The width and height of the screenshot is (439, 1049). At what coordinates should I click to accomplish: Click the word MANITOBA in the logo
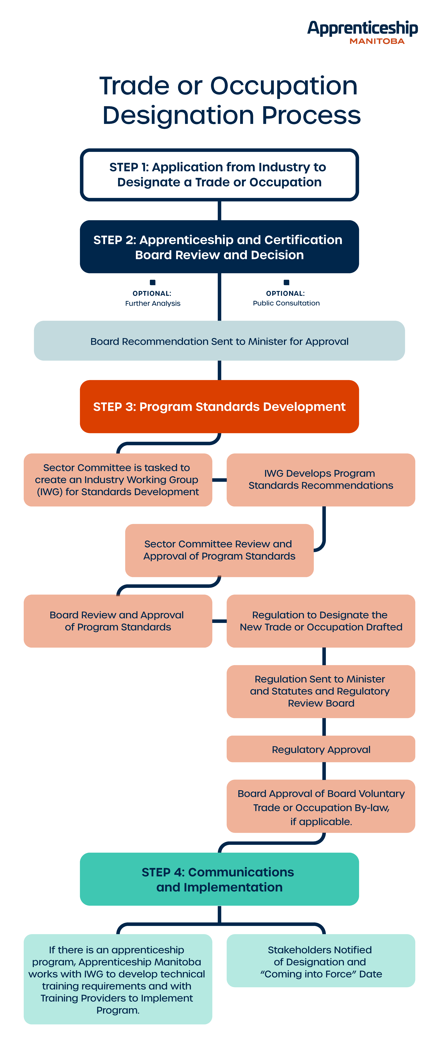point(377,41)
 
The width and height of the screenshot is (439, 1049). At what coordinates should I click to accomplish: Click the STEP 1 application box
point(219,175)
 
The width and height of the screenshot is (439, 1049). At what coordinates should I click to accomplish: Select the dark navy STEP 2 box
point(219,247)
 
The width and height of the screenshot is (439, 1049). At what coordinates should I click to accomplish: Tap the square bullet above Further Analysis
point(153,282)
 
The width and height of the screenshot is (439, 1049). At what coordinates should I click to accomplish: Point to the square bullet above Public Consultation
point(286,282)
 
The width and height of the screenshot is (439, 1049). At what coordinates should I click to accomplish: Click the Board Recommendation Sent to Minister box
point(219,341)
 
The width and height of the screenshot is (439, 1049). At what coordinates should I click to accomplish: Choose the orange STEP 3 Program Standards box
point(219,406)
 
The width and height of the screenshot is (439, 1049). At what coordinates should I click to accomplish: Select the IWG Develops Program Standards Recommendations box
point(321,480)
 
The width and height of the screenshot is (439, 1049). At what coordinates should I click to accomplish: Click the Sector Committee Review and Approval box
point(219,550)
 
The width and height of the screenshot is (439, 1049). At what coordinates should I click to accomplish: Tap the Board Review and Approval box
point(118,621)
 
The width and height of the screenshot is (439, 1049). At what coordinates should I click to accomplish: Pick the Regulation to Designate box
point(321,621)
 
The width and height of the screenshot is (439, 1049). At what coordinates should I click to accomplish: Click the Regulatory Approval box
point(321,749)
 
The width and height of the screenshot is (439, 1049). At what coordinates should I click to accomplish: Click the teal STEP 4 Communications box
point(219,880)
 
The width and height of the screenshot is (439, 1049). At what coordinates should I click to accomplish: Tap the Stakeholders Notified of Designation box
point(321,961)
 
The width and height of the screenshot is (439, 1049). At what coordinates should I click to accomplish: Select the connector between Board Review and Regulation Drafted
point(219,621)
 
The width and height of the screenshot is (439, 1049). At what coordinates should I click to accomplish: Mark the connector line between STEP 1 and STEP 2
point(219,211)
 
